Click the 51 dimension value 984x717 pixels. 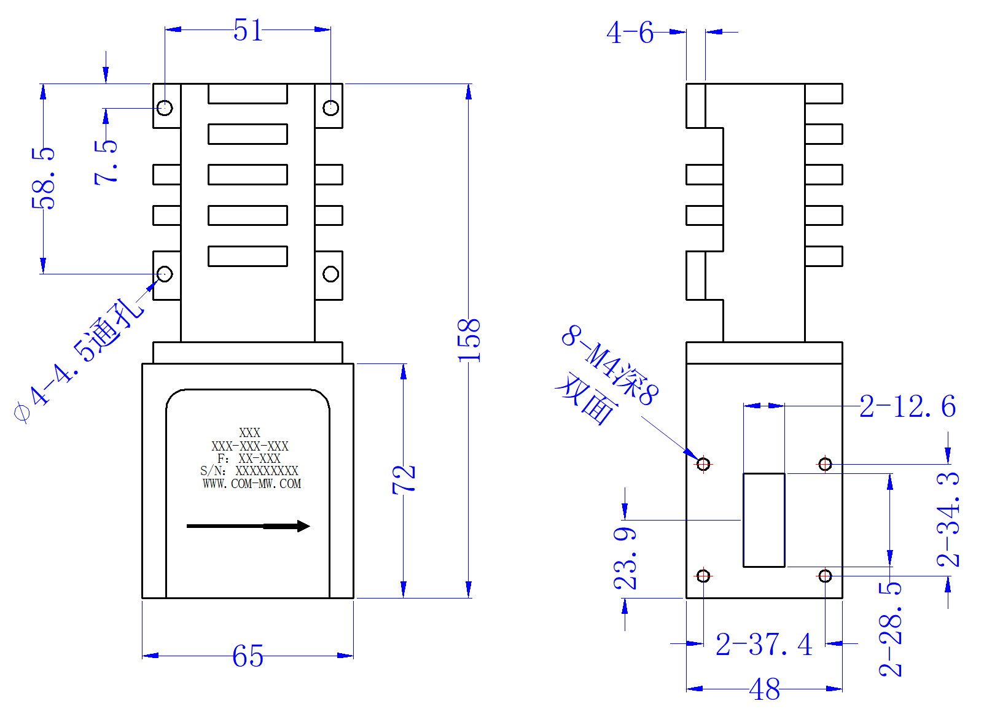248,30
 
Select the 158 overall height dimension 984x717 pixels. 469,341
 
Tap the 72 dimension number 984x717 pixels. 404,480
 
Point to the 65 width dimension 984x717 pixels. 248,656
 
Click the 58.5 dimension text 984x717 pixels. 43,179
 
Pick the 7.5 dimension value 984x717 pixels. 106,163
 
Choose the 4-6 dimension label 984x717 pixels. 630,33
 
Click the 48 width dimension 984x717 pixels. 765,689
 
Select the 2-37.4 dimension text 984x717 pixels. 764,645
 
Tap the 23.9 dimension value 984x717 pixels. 625,559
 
